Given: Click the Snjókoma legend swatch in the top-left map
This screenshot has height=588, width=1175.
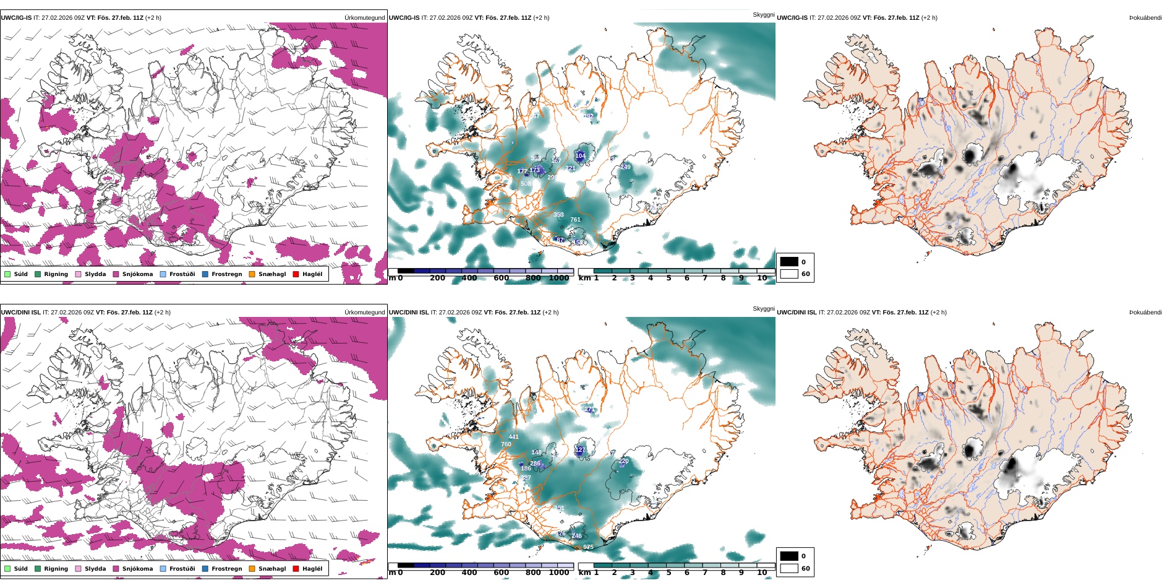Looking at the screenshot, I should coord(116,274).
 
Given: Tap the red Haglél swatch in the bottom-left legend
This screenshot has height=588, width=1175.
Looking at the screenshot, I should coord(296,569).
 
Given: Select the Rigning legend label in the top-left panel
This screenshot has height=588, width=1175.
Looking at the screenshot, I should coord(56,274).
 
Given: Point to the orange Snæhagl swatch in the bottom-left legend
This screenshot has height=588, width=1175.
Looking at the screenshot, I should coord(252,569).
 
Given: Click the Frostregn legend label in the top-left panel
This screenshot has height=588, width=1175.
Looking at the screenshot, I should coord(226,274).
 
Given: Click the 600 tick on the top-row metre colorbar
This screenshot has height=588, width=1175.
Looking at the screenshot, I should coord(502,278).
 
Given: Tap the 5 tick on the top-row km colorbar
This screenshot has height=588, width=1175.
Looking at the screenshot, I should coord(669,278).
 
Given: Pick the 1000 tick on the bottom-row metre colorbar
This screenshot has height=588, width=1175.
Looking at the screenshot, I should coord(558,573).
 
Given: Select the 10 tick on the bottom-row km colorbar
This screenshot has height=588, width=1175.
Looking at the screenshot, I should coord(762,573).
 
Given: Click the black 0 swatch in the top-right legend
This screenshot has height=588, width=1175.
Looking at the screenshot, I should coord(789,262).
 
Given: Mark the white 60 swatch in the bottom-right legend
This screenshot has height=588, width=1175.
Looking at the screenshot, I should coord(789,568).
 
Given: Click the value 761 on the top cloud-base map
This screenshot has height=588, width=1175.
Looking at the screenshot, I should coord(575,220).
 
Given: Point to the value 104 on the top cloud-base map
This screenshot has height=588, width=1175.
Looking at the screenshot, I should coord(580,156).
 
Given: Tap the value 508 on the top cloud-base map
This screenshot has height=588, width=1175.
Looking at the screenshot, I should coord(526,184).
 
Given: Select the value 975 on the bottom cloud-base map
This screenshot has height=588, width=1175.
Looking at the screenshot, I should coord(588,547).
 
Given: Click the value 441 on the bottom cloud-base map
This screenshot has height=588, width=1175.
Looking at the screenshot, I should coord(513,437).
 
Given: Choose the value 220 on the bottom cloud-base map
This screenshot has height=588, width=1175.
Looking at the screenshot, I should coord(623,461).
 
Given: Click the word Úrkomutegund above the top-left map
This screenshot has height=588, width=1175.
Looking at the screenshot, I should coord(364,18).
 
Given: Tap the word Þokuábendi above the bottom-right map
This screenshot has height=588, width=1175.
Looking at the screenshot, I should coord(1145,313).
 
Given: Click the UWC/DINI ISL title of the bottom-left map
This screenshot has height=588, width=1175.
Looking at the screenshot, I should coord(20,313).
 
